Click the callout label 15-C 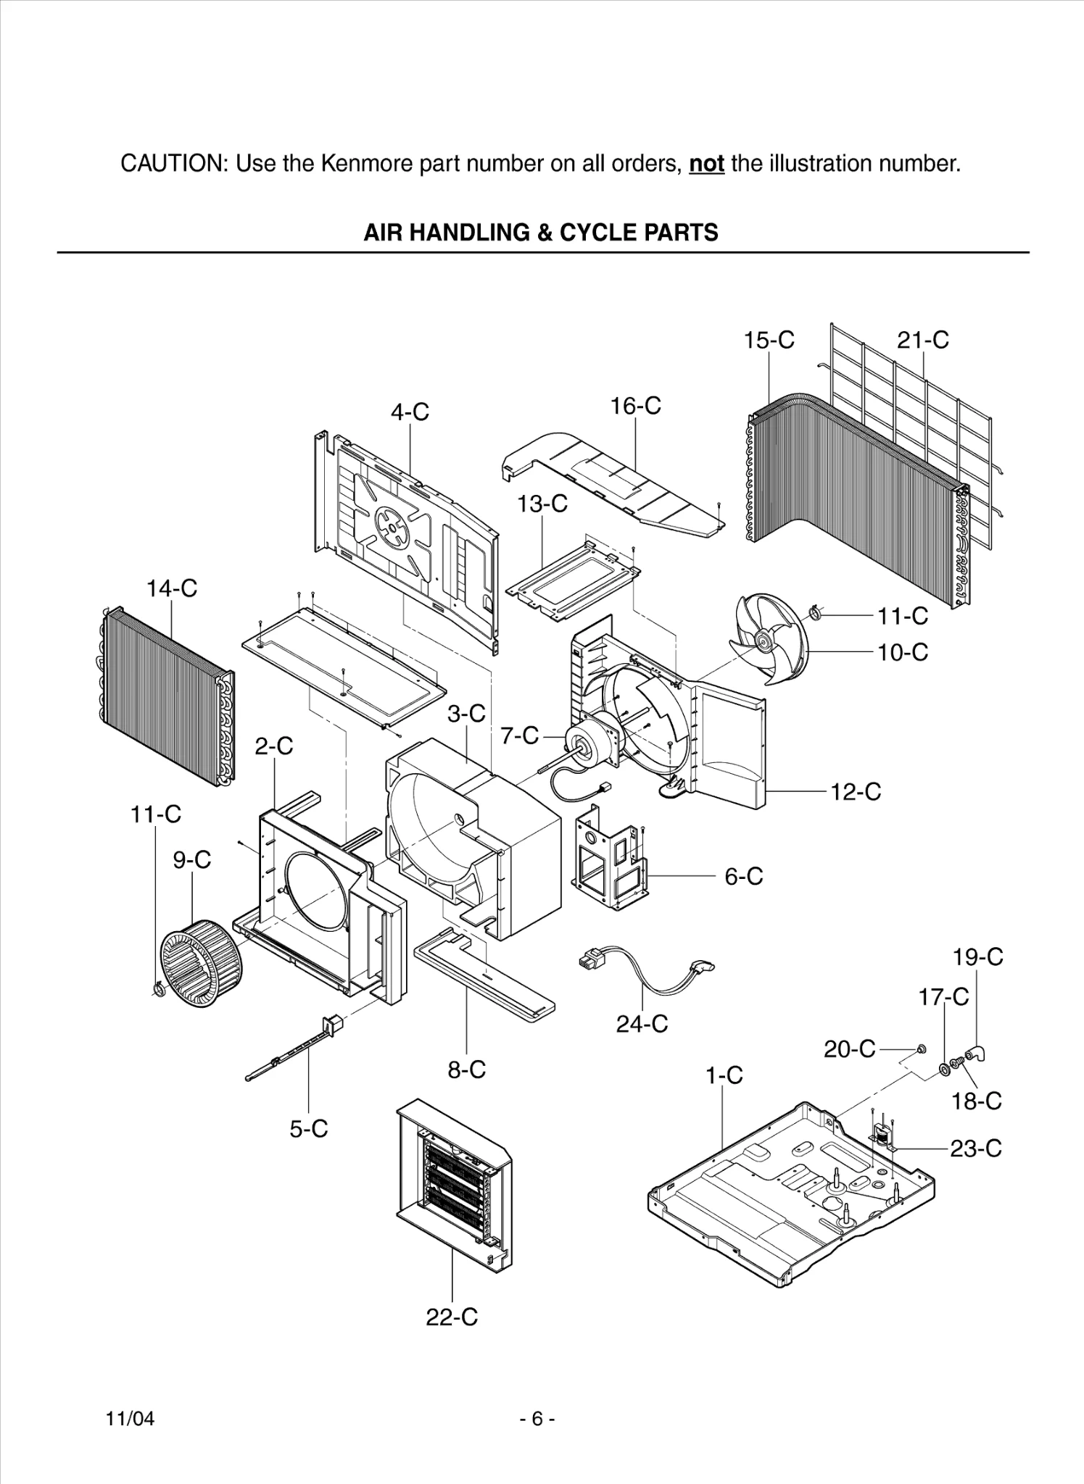pyautogui.click(x=769, y=340)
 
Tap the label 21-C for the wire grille pyautogui.click(x=922, y=340)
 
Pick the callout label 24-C pyautogui.click(x=642, y=1024)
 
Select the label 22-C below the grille pyautogui.click(x=452, y=1317)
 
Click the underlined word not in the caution pyautogui.click(x=706, y=164)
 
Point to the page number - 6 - pyautogui.click(x=537, y=1419)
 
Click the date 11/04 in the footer pyautogui.click(x=131, y=1419)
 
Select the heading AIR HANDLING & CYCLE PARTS pyautogui.click(x=541, y=233)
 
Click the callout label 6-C pyautogui.click(x=744, y=876)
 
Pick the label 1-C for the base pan pyautogui.click(x=724, y=1075)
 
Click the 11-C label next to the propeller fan pyautogui.click(x=903, y=616)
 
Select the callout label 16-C pyautogui.click(x=635, y=406)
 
